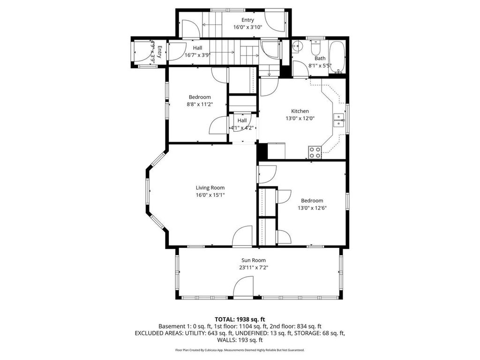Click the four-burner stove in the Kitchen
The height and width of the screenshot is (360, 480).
(x=315, y=151)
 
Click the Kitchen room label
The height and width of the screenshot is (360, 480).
(x=300, y=111)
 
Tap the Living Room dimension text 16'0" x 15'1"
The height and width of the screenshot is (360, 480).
(x=210, y=195)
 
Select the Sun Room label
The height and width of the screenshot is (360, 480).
(x=254, y=260)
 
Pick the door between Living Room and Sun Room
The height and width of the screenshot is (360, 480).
(x=243, y=237)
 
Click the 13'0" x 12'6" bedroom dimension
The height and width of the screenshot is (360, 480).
(x=312, y=208)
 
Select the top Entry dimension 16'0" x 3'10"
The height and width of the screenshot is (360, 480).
(x=247, y=27)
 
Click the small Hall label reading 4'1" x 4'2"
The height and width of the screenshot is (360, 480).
(x=242, y=128)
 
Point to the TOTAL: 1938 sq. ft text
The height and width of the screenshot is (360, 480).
(x=240, y=319)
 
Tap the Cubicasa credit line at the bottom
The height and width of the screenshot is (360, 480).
(x=240, y=350)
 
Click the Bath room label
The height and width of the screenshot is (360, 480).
(x=320, y=59)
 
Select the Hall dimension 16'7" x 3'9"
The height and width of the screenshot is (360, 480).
(x=197, y=55)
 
